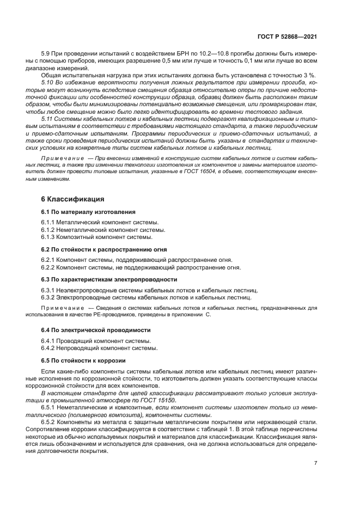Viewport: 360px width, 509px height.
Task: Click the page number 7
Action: coord(316,463)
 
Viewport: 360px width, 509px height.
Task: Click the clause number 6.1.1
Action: coord(48,222)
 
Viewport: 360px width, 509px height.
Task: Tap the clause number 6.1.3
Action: coord(48,237)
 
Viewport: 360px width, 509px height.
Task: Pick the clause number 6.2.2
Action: coord(48,267)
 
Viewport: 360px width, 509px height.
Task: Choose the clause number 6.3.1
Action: coord(48,290)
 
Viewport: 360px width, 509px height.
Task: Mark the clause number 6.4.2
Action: coord(48,348)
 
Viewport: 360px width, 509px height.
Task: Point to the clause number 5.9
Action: coord(46,57)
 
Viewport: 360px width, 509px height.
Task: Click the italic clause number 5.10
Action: coord(48,82)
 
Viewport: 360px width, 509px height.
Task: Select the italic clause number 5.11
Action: coord(48,119)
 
